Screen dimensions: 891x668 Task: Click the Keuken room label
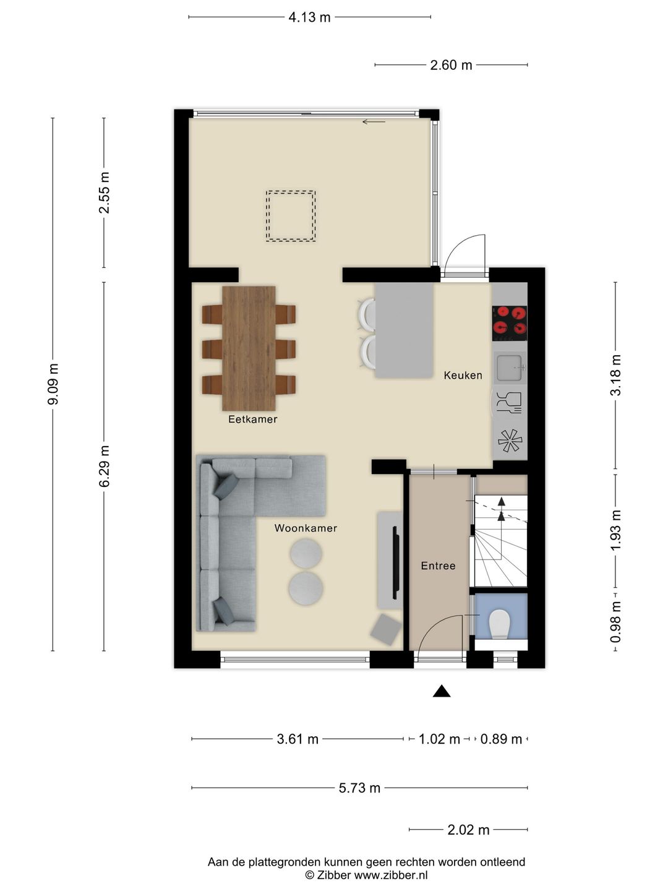pyautogui.click(x=463, y=375)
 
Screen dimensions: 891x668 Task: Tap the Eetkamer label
pyautogui.click(x=252, y=419)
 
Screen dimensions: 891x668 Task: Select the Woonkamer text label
pyautogui.click(x=306, y=528)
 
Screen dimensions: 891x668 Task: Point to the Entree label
pyautogui.click(x=438, y=566)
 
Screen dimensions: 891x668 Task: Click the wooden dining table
pyautogui.click(x=249, y=348)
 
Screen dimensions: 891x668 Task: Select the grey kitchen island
pyautogui.click(x=403, y=330)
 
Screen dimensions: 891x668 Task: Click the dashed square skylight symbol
pyautogui.click(x=291, y=216)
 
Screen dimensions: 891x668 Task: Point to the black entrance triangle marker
pyautogui.click(x=441, y=691)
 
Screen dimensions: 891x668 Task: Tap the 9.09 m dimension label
pyautogui.click(x=53, y=384)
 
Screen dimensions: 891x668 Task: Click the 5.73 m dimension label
pyautogui.click(x=359, y=788)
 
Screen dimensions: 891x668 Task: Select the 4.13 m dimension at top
pyautogui.click(x=309, y=17)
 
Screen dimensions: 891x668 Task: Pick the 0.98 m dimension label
pyautogui.click(x=615, y=622)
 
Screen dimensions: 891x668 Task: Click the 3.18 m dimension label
pyautogui.click(x=615, y=376)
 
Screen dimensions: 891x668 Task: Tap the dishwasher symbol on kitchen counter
pyautogui.click(x=510, y=402)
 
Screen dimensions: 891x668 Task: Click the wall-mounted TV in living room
pyautogui.click(x=395, y=560)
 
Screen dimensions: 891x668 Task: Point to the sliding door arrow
pyautogui.click(x=374, y=122)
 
